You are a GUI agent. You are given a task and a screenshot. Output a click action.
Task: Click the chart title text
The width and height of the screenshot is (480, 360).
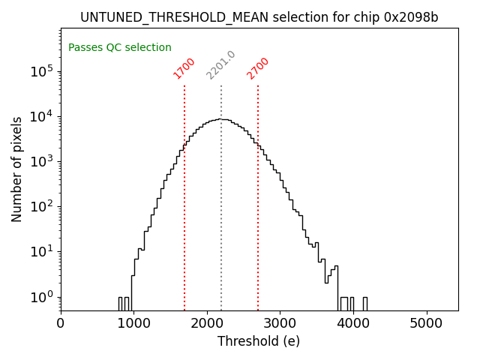pyautogui.click(x=259, y=17)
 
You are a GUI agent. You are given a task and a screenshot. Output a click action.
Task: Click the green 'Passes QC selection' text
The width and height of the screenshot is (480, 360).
pyautogui.click(x=120, y=47)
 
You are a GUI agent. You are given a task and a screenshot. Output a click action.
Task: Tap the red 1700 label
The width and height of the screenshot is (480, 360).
pyautogui.click(x=184, y=68)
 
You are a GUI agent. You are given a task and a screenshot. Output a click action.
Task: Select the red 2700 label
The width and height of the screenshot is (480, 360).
pyautogui.click(x=258, y=68)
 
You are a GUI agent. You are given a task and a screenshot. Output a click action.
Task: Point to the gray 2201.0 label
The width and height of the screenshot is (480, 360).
pyautogui.click(x=221, y=65)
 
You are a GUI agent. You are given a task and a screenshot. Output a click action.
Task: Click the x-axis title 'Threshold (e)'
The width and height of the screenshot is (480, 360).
pyautogui.click(x=259, y=341)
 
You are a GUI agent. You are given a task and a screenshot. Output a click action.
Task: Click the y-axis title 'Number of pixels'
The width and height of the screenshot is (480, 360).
pyautogui.click(x=17, y=169)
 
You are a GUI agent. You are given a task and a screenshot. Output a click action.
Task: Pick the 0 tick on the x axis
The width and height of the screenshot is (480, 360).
pyautogui.click(x=61, y=324)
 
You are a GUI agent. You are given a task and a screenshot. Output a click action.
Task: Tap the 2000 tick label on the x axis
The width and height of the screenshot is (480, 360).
pyautogui.click(x=207, y=324)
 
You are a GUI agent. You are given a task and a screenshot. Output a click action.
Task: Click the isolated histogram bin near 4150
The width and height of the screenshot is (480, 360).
pyautogui.click(x=365, y=303)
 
